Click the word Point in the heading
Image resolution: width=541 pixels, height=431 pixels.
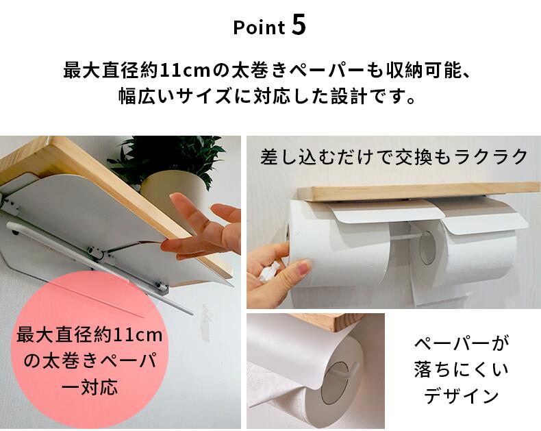(x=259, y=27)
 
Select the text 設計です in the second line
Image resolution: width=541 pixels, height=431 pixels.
(x=372, y=97)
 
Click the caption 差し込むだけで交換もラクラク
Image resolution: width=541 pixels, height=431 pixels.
(x=393, y=157)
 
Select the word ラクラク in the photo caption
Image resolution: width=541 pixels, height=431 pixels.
(x=490, y=157)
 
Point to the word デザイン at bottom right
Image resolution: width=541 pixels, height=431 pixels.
(x=462, y=396)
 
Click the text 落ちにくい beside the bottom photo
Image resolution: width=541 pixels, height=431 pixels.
(x=462, y=369)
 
